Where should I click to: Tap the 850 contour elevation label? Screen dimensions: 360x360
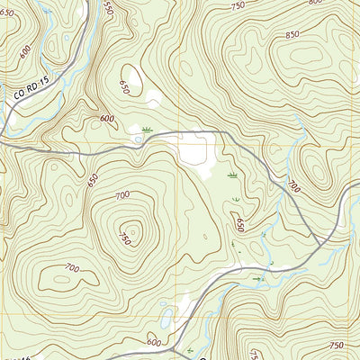[x=292, y=34]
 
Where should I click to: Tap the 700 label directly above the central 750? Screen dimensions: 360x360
[x=122, y=195]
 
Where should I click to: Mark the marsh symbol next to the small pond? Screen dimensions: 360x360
[x=148, y=130]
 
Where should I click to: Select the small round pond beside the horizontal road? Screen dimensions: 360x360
[x=138, y=139]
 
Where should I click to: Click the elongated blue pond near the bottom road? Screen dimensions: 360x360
[x=167, y=317]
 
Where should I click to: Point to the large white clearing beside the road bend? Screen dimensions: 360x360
[x=196, y=153]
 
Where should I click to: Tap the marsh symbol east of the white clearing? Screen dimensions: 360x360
[x=232, y=174]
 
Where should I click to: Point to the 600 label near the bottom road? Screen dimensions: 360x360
[x=155, y=343]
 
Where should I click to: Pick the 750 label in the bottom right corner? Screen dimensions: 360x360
[x=337, y=346]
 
